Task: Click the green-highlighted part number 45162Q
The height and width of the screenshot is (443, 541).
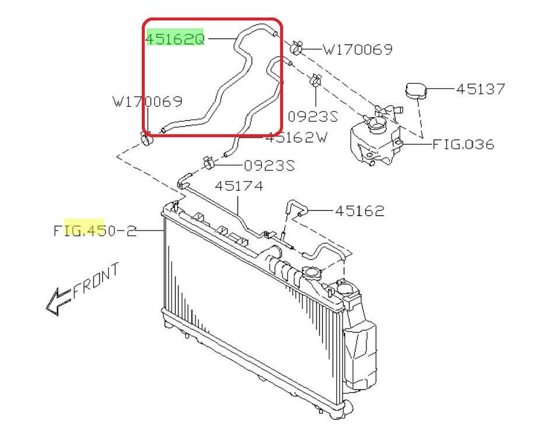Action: [x=175, y=39]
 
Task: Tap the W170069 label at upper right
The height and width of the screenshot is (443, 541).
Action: [x=357, y=50]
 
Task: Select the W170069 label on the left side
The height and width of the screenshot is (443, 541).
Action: [x=148, y=102]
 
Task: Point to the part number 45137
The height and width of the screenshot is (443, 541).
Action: [x=480, y=89]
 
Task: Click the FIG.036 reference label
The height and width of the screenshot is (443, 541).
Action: [x=463, y=144]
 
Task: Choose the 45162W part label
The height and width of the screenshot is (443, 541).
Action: [x=296, y=138]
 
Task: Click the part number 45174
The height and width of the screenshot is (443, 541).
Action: [x=239, y=186]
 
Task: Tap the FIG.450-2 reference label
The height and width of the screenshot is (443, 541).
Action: [x=95, y=231]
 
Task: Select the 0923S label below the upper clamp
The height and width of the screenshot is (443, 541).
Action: [x=313, y=117]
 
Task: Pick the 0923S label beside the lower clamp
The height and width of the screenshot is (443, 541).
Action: [x=270, y=166]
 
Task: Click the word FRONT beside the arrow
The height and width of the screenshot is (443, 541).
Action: [x=96, y=280]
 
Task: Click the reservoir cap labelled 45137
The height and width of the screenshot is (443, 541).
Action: [x=416, y=90]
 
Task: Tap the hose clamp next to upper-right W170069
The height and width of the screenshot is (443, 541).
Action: [x=296, y=48]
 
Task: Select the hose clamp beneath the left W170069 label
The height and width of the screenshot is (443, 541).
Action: [x=146, y=138]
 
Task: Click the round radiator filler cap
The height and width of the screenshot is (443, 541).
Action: [x=312, y=273]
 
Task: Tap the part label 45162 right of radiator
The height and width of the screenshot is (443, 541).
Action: [x=359, y=211]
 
